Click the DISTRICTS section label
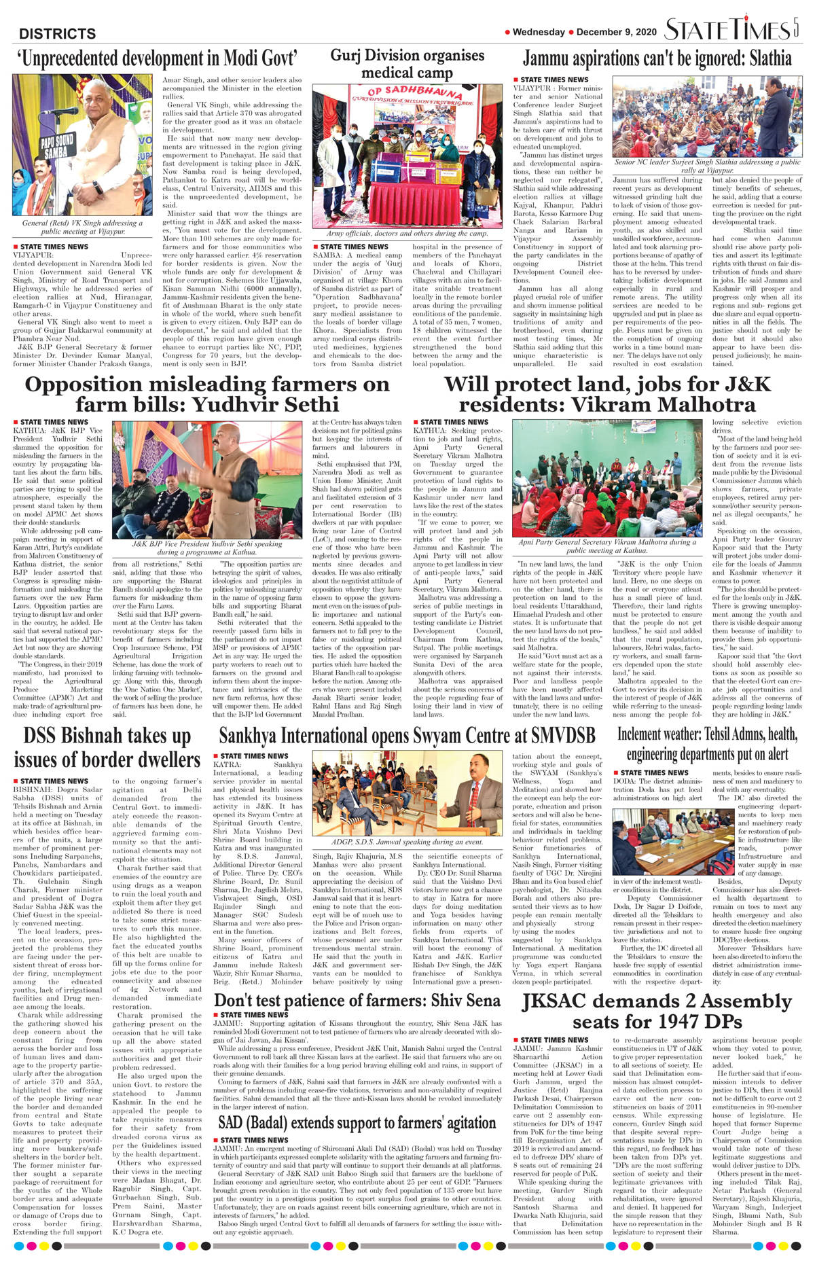pos(57,33)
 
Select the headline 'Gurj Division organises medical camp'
pos(407,64)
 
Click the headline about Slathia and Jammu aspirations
pos(657,58)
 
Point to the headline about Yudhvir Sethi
pos(207,394)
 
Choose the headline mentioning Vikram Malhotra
pos(607,394)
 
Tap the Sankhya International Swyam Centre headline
pos(407,736)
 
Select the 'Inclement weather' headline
pos(707,744)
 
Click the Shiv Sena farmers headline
pos(357,1000)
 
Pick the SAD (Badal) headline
pos(357,1123)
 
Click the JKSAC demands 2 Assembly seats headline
pos(657,1012)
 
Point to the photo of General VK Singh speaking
pos(82,145)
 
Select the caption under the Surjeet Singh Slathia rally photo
pos(707,166)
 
